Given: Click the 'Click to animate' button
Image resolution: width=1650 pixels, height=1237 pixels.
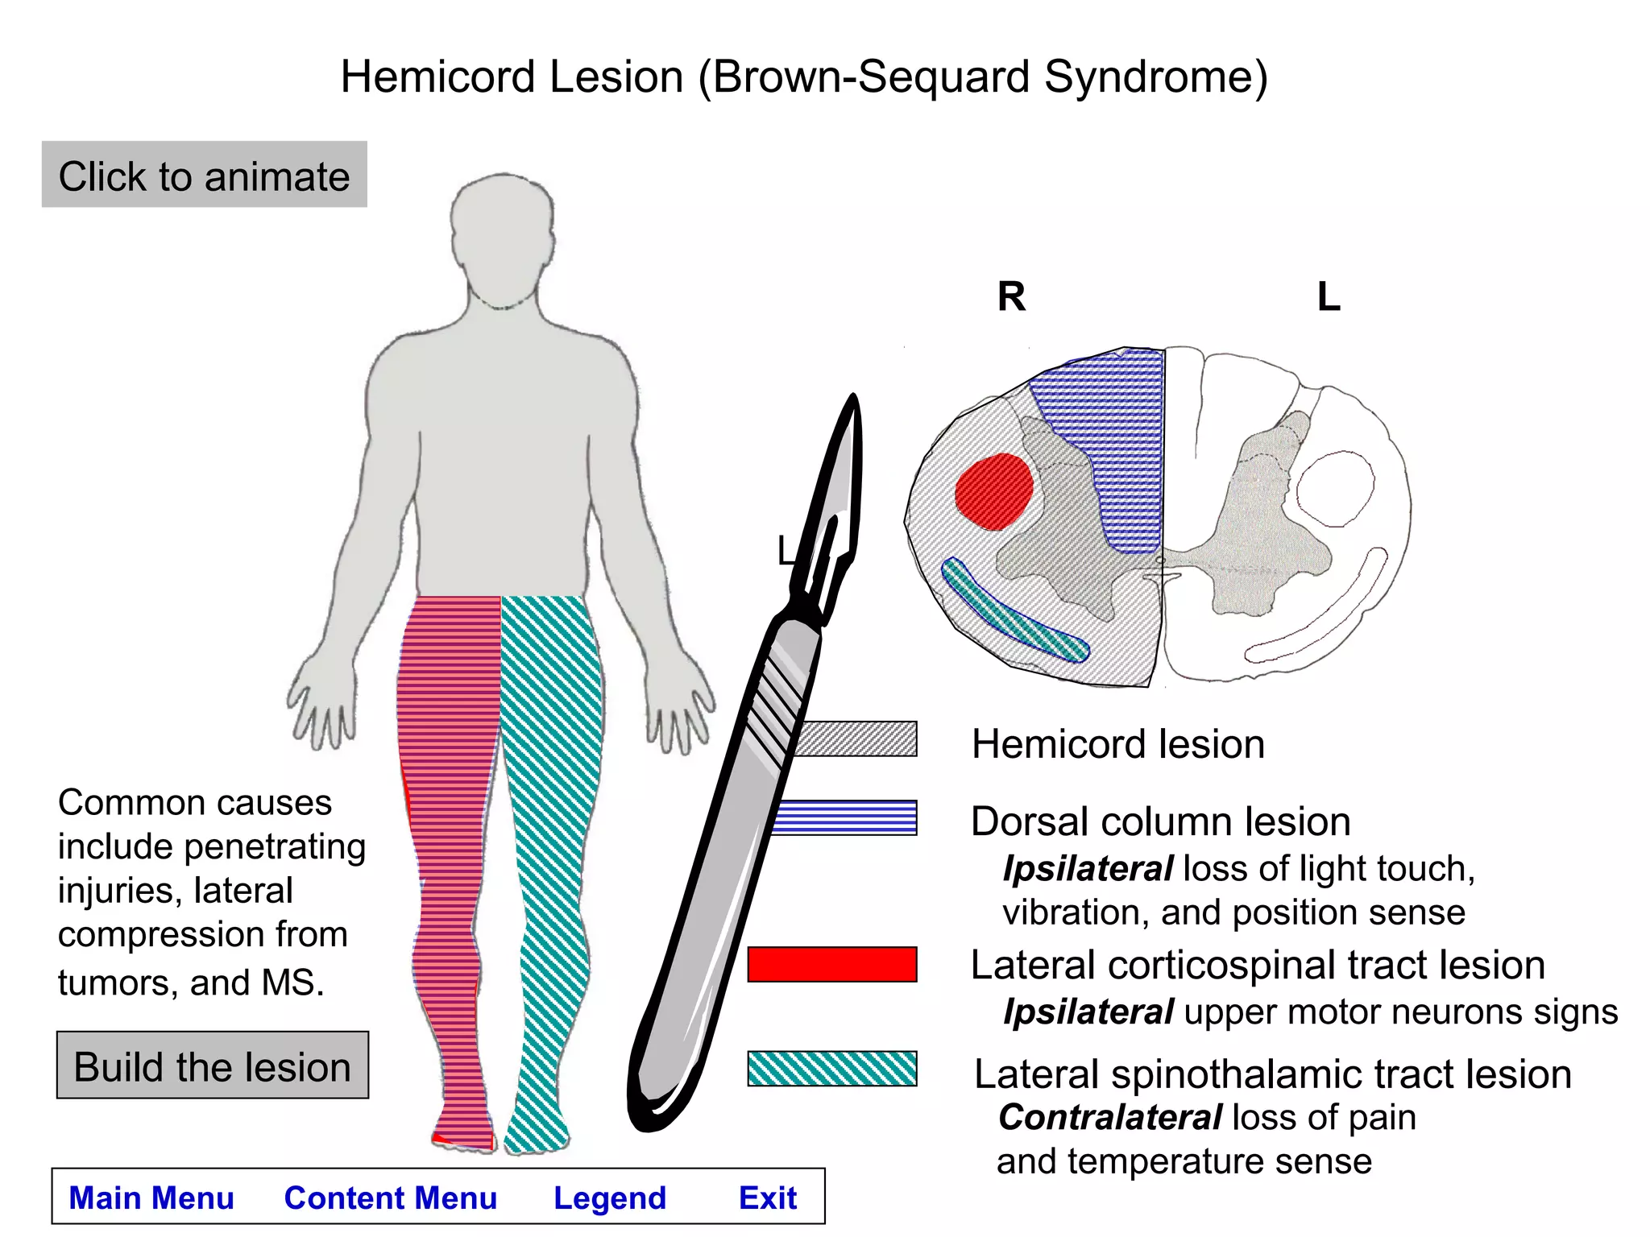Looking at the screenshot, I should click(x=204, y=175).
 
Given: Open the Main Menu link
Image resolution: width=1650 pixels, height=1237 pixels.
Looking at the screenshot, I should click(x=151, y=1198).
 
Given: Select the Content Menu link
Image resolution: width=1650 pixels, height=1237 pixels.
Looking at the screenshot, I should click(x=391, y=1198).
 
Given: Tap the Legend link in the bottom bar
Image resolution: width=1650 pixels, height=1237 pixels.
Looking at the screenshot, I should click(x=610, y=1198).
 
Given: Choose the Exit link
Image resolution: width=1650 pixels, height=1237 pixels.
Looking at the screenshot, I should click(x=768, y=1198).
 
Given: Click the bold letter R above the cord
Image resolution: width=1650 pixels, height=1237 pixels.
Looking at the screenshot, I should click(x=1012, y=296).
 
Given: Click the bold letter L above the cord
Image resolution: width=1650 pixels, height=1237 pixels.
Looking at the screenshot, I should click(x=1329, y=296).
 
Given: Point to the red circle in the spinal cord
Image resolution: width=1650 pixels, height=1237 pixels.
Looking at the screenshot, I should click(x=994, y=491).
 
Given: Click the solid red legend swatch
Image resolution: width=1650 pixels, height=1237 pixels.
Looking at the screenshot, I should click(x=831, y=964).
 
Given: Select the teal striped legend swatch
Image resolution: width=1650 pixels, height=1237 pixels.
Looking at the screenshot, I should click(x=831, y=1069).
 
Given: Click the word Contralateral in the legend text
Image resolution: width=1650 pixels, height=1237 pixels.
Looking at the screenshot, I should click(x=1110, y=1118).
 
